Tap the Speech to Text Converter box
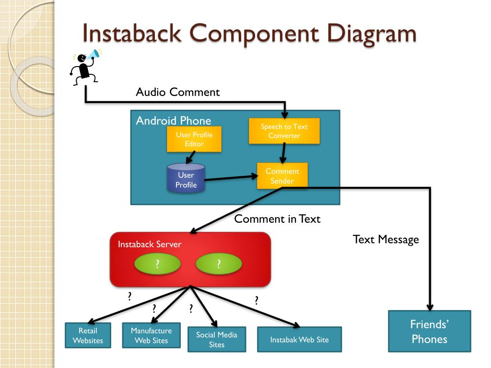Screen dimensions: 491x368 (284, 131)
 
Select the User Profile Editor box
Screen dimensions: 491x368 (194, 139)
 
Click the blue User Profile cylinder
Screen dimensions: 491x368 (187, 178)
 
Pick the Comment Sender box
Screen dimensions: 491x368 (282, 176)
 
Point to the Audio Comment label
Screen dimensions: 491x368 (178, 92)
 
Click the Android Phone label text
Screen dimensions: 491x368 (174, 120)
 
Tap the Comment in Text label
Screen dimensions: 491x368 (277, 218)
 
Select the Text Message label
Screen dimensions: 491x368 (386, 240)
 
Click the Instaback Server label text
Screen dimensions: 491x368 (150, 244)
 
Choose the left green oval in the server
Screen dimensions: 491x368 (157, 264)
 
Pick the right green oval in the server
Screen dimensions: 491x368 (219, 264)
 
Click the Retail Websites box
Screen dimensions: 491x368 (88, 335)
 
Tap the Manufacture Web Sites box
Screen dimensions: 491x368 (151, 335)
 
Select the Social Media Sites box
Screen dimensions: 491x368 (217, 340)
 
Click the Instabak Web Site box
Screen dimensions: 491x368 (299, 340)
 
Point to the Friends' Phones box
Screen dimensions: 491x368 (430, 332)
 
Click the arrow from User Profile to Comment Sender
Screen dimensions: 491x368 (231, 178)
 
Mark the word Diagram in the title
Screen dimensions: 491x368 (372, 34)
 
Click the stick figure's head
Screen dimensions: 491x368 (82, 58)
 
